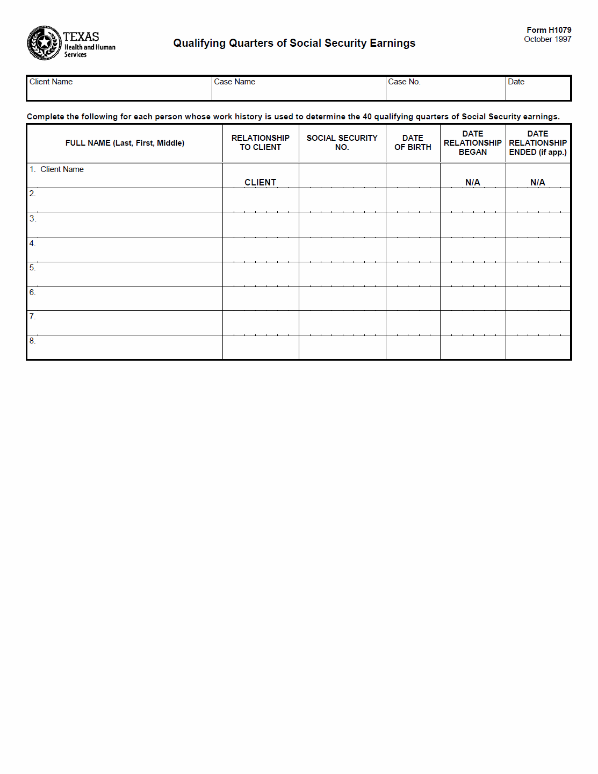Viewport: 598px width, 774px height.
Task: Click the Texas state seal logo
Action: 44,43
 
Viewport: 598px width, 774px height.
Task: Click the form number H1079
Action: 549,30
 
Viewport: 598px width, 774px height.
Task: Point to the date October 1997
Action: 547,39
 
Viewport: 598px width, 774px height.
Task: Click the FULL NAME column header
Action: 125,143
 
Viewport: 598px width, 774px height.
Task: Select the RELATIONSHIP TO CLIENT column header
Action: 261,142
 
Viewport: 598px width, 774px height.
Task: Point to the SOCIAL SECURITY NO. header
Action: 342,142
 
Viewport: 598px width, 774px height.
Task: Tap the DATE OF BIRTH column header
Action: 413,142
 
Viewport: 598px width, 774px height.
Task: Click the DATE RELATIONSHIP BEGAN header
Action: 473,142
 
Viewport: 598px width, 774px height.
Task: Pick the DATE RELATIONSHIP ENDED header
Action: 538,142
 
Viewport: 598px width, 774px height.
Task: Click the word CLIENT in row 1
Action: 261,182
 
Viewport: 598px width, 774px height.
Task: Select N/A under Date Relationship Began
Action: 473,182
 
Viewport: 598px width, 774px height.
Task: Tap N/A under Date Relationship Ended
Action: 538,182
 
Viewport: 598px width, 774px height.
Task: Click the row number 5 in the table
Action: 32,268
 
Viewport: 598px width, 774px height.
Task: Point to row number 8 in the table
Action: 32,341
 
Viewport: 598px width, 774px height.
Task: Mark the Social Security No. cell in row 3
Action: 342,225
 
